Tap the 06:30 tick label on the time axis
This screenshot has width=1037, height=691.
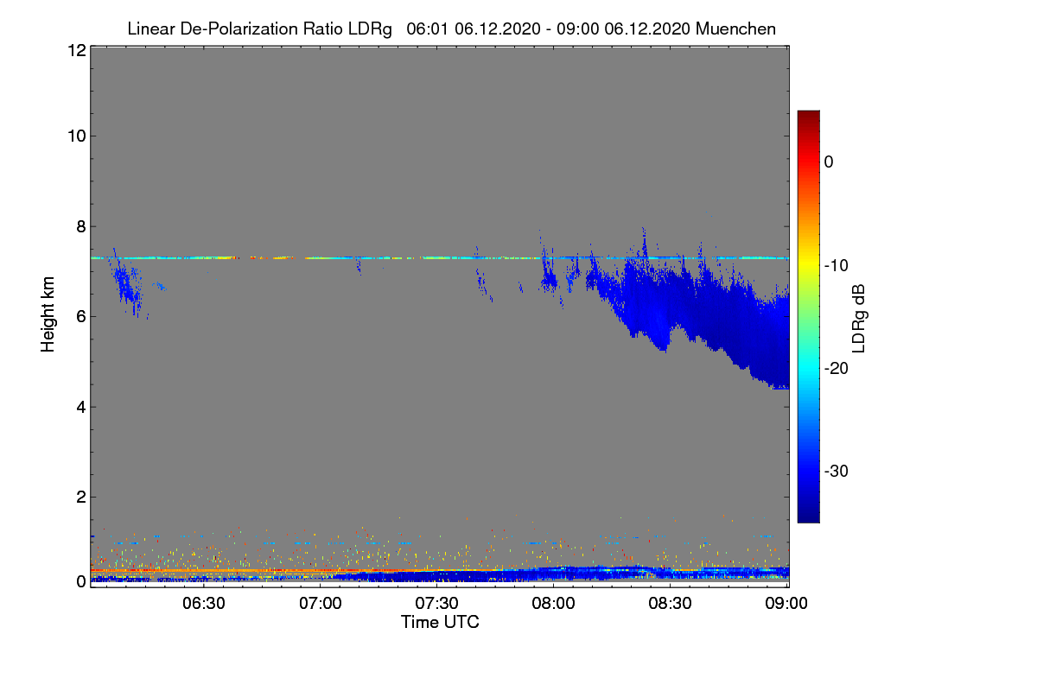[204, 604]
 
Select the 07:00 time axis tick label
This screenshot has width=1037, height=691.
[321, 604]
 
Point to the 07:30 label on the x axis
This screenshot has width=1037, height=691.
[437, 604]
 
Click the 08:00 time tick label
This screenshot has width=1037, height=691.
[554, 604]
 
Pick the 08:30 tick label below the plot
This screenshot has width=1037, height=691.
[671, 604]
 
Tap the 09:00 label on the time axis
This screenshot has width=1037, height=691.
[786, 604]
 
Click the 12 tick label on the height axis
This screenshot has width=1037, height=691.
[75, 50]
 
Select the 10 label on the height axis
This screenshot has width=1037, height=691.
[75, 136]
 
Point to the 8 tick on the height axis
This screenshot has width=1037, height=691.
[80, 226]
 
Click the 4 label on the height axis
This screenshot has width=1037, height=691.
[80, 407]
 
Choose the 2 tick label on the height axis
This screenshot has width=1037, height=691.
[80, 497]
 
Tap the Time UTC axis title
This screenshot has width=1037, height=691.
[440, 622]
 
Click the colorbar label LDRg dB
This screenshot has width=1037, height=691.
[860, 316]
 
